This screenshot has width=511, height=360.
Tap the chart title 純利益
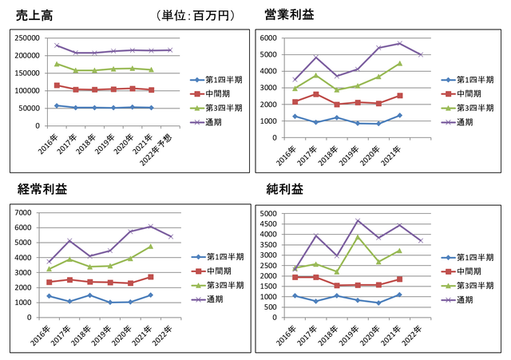point(284,189)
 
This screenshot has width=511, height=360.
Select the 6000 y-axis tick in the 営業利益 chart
point(269,38)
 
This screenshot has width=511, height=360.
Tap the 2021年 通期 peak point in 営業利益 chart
point(398,43)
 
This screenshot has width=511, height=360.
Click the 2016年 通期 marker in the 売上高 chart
point(56,45)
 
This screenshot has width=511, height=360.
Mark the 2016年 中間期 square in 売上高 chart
point(56,85)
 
